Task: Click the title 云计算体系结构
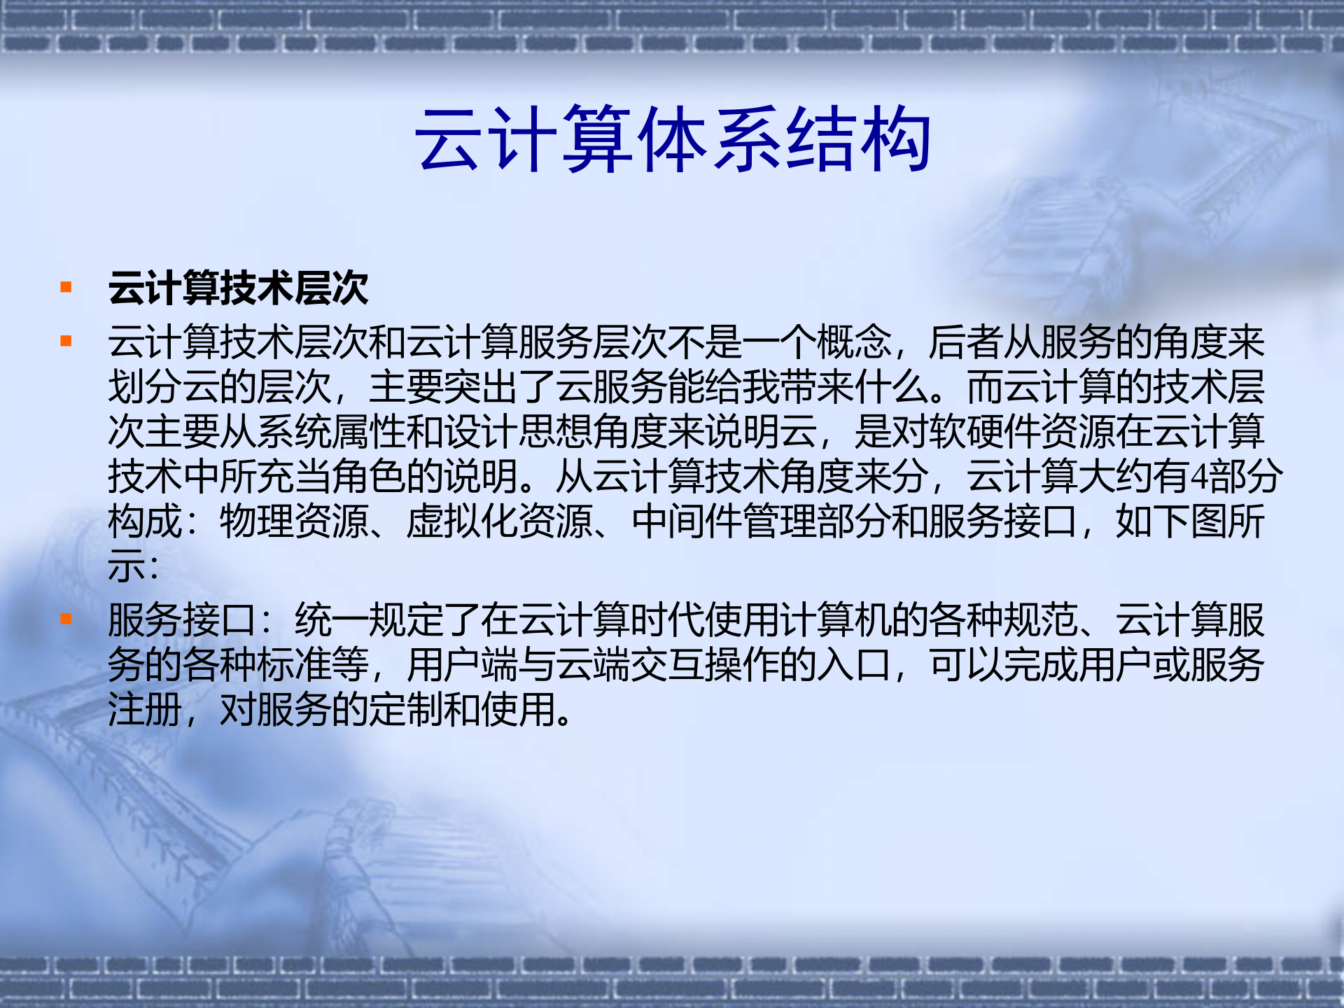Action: point(672,139)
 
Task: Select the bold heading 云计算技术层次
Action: point(238,288)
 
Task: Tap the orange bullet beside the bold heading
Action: point(66,287)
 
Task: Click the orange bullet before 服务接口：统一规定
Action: point(66,619)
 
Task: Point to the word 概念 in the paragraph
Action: point(854,342)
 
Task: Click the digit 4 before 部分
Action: point(1199,477)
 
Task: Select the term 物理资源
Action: point(294,521)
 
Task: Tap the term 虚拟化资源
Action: point(500,521)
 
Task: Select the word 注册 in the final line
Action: point(145,710)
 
